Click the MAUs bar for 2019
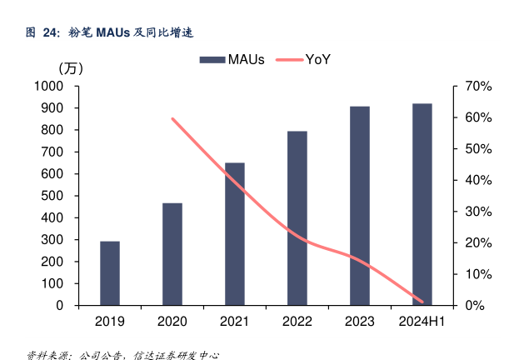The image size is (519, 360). [110, 273]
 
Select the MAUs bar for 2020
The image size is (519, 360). [172, 254]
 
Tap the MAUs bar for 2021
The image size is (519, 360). [235, 234]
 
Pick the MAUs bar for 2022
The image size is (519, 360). [297, 218]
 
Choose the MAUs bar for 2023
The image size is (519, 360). [360, 206]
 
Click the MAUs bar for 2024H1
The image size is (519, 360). [422, 204]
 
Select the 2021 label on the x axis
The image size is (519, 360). [235, 322]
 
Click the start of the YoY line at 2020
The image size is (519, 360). [172, 119]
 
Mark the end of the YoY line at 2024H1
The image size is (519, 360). [422, 302]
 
